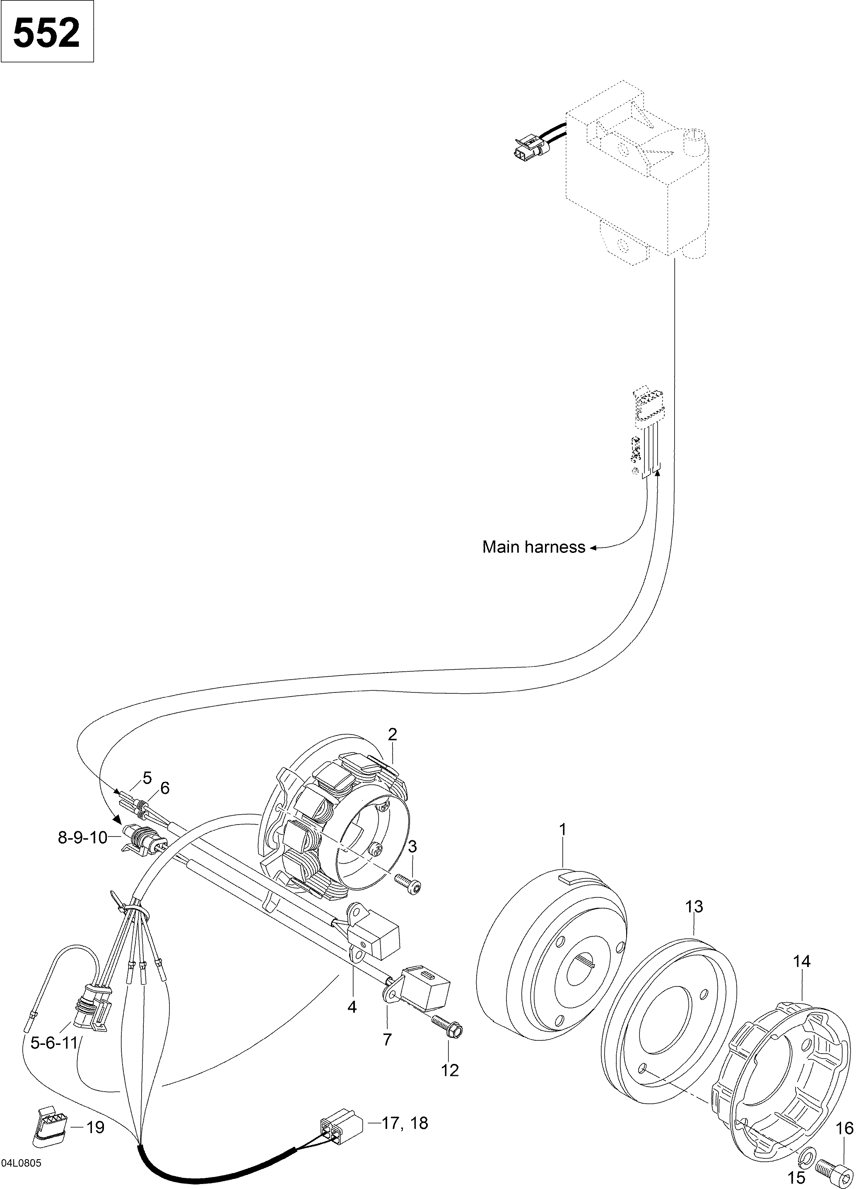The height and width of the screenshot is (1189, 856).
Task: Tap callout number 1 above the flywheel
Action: [562, 830]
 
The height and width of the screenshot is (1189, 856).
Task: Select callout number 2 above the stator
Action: [393, 734]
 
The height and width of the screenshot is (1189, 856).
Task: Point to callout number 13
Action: [694, 907]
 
